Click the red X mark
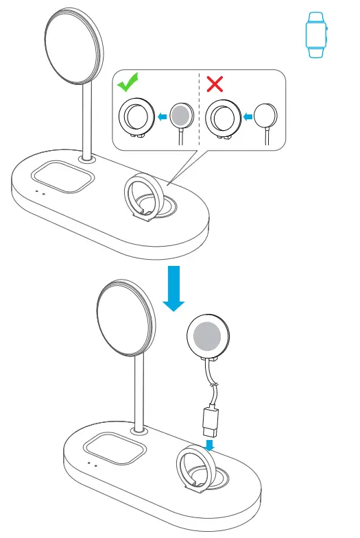point(215,84)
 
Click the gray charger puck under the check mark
point(181,117)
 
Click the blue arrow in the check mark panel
point(162,117)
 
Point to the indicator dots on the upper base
point(40,193)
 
